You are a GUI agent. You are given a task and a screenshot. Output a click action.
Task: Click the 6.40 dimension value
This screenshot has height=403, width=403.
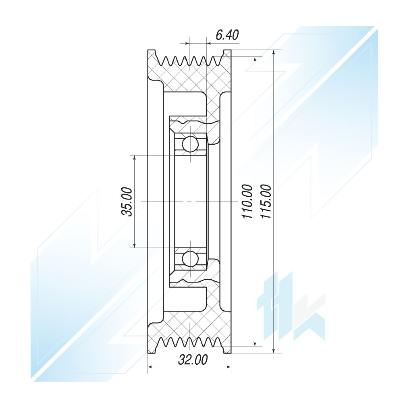227,35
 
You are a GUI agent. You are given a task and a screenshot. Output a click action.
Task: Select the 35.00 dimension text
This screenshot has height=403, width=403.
127,202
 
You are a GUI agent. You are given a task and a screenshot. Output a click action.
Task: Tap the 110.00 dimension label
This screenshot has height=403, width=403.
247,201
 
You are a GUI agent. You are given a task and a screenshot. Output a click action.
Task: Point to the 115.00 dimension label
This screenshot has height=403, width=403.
266,201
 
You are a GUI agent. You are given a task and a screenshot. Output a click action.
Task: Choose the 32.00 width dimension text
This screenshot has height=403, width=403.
193,360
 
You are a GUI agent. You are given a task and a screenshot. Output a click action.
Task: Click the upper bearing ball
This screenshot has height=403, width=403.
190,143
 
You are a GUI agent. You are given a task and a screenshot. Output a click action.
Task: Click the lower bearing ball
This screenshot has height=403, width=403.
190,259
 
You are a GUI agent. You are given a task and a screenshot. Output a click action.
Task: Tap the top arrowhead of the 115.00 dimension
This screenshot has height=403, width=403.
274,53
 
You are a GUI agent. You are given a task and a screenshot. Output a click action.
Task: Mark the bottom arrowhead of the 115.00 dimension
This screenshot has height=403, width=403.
274,350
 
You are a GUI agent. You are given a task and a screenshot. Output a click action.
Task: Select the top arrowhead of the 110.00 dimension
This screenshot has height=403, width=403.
255,60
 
